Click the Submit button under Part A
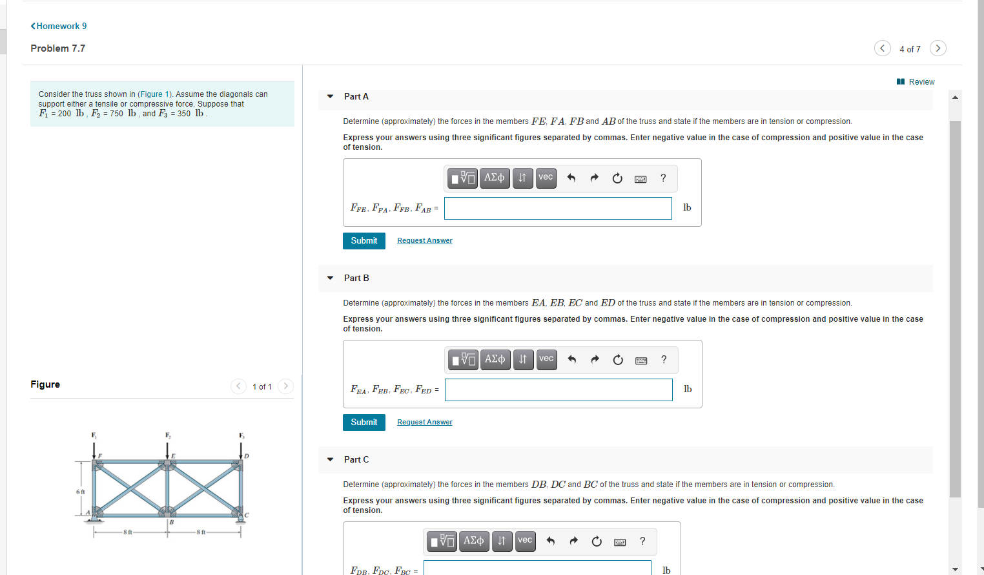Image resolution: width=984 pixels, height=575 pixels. pyautogui.click(x=364, y=240)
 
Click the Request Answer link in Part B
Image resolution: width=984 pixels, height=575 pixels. pyautogui.click(x=424, y=422)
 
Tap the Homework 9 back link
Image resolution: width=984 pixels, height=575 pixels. pyautogui.click(x=58, y=26)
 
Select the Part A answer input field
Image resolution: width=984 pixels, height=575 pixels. pyautogui.click(x=558, y=208)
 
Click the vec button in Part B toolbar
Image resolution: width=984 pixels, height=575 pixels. pyautogui.click(x=546, y=359)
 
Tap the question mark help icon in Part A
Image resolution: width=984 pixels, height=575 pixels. pyautogui.click(x=663, y=178)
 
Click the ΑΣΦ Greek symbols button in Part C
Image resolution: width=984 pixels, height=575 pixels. pyautogui.click(x=473, y=541)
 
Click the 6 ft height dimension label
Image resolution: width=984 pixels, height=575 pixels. pyautogui.click(x=81, y=492)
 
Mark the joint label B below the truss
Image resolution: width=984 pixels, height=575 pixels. pyautogui.click(x=172, y=522)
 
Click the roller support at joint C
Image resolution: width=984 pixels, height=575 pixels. pyautogui.click(x=240, y=519)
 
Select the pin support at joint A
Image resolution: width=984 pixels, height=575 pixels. pyautogui.click(x=94, y=518)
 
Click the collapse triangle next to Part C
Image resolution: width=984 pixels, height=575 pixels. pyautogui.click(x=330, y=459)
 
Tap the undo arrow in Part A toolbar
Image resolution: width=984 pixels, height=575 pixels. pyautogui.click(x=571, y=178)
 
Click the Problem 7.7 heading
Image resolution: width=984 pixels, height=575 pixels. pyautogui.click(x=58, y=48)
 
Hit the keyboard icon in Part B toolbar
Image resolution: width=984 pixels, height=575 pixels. pyautogui.click(x=641, y=361)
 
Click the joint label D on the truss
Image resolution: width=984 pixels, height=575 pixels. pyautogui.click(x=247, y=456)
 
